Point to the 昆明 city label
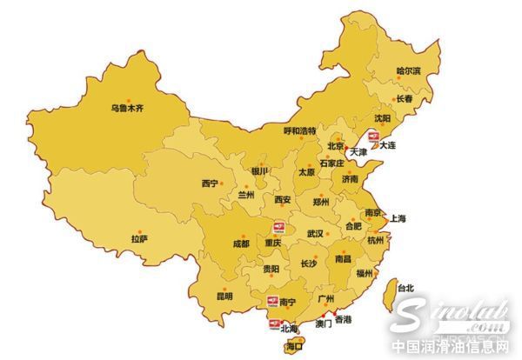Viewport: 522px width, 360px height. pos(224,297)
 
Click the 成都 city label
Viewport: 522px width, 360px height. pos(240,244)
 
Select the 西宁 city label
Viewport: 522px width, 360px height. pos(210,183)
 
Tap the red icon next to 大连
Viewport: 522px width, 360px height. pos(372,137)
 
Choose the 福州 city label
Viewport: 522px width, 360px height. pos(365,273)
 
